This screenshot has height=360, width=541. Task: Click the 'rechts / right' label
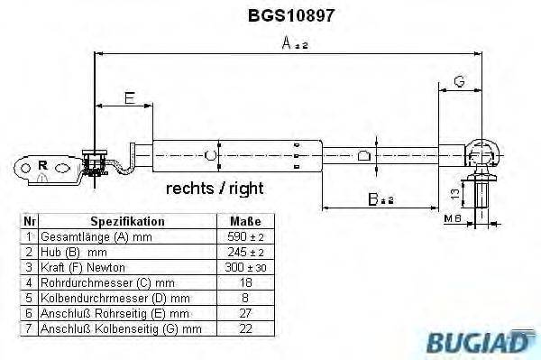click(x=215, y=189)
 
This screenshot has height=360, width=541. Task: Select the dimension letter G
click(x=458, y=82)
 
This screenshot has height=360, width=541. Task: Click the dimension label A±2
click(x=291, y=42)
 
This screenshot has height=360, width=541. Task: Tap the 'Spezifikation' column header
click(x=127, y=220)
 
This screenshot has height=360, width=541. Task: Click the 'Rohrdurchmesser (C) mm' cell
click(x=101, y=283)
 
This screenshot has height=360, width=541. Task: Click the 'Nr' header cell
click(x=29, y=220)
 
